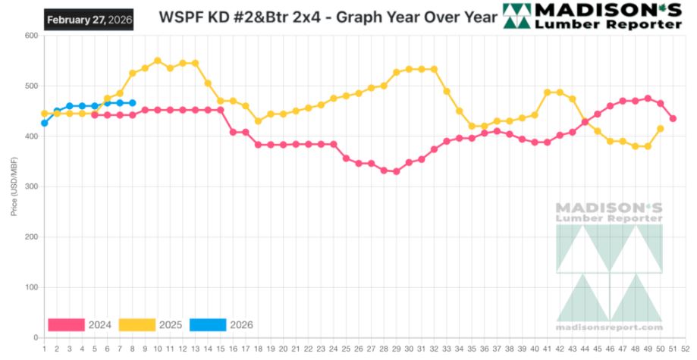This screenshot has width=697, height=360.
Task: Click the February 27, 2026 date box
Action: point(89,20)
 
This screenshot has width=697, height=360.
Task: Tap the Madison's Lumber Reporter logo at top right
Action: point(592,17)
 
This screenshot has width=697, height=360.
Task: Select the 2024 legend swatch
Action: point(66,325)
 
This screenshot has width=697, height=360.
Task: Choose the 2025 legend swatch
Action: point(137,325)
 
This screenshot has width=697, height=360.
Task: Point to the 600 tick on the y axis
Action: point(31,36)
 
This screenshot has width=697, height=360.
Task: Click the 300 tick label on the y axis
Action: point(31,186)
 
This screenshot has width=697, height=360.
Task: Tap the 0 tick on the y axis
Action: point(36,337)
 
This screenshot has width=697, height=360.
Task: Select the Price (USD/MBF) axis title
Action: point(14,186)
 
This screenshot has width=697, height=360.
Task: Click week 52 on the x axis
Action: point(685,349)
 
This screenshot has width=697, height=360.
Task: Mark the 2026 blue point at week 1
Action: point(45,123)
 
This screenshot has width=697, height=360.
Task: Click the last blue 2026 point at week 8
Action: point(133,103)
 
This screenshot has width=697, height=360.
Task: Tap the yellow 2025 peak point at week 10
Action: point(158,61)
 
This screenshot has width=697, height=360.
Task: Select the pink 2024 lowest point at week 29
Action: point(396,171)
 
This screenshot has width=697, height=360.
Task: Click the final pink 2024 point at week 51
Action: point(673,118)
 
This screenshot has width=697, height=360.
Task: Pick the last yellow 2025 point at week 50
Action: point(660,129)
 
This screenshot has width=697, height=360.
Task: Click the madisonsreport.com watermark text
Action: point(609,327)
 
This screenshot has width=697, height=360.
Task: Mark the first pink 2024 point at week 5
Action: point(95,115)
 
